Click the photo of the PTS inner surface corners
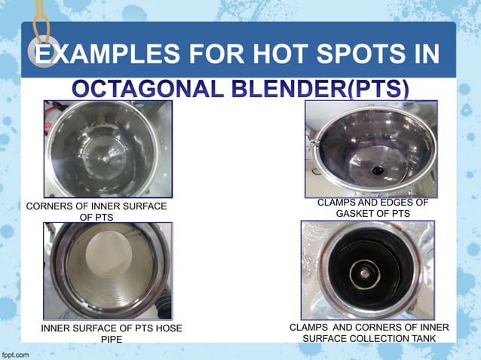tap(108, 149)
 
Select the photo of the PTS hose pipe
tap(108, 270)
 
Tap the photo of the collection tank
tap(367, 270)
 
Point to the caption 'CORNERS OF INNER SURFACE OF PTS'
tap(96, 212)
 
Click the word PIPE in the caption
tap(111, 339)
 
